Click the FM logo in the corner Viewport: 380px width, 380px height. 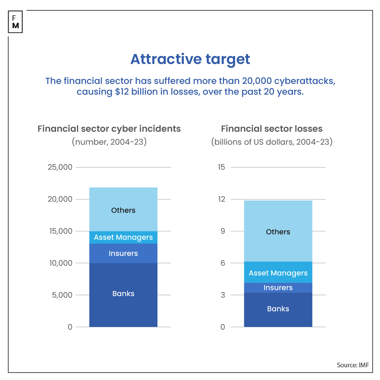coord(16,22)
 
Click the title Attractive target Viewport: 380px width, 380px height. coord(190,59)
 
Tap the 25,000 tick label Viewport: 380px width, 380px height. coord(60,167)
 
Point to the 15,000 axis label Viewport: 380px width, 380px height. coord(61,231)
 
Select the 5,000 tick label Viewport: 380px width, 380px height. coord(62,295)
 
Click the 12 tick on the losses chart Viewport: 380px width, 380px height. coord(221,199)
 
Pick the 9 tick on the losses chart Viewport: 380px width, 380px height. coord(223,231)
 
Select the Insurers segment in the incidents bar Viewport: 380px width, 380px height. coord(123,253)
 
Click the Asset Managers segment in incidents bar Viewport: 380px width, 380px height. coord(123,237)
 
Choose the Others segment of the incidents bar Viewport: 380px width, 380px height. coord(123,209)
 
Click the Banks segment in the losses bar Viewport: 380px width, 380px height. coord(278,309)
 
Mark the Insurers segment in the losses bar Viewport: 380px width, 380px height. coord(278,287)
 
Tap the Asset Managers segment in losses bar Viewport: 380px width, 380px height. coord(278,272)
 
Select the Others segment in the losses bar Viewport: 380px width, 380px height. coord(278,231)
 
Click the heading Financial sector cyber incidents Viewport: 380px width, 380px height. coord(109,129)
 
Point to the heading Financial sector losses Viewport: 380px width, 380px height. coord(272,129)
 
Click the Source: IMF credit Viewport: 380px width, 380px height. coord(352,365)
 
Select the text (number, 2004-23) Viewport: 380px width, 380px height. coord(109,142)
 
